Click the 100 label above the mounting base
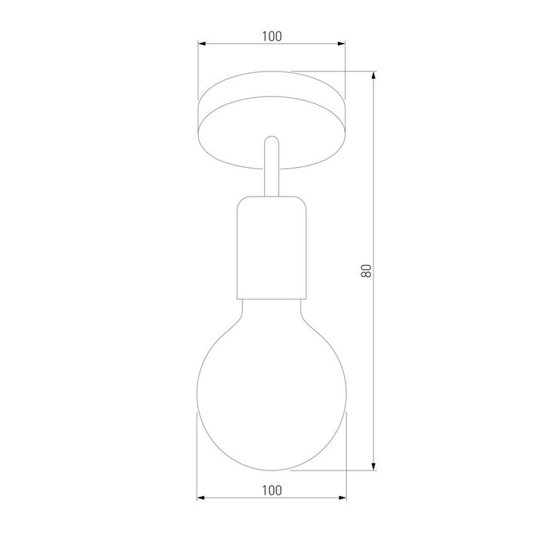click(x=272, y=35)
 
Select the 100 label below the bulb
click(x=272, y=490)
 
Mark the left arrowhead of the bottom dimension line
click(x=202, y=498)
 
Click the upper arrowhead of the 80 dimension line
click(x=374, y=77)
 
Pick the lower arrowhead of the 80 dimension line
click(x=374, y=466)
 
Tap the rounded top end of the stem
click(x=272, y=140)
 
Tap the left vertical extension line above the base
click(x=197, y=72)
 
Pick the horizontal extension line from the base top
click(x=331, y=72)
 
